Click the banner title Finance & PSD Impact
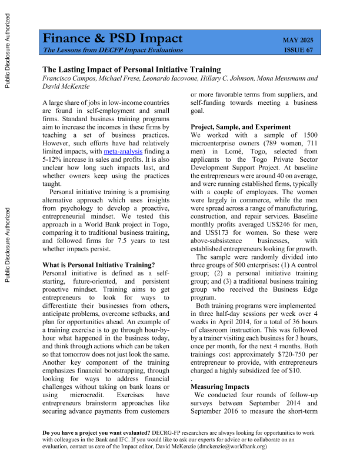point(112,39)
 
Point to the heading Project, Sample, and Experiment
point(241,127)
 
